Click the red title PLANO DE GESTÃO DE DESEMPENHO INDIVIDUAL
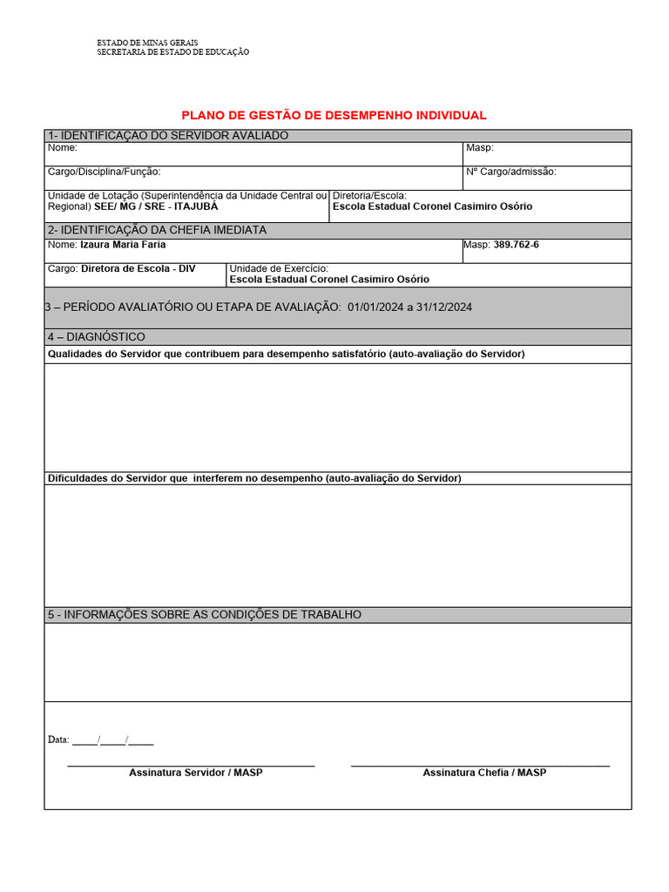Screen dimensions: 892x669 [x=334, y=115]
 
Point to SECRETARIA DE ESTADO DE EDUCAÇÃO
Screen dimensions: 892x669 [x=172, y=52]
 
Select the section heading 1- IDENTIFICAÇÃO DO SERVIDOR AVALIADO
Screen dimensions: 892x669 [x=168, y=135]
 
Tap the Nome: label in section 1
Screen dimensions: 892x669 [x=63, y=148]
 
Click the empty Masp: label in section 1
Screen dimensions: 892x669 [x=480, y=148]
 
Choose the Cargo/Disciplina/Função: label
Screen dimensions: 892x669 [x=104, y=172]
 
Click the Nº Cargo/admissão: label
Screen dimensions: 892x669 [x=510, y=172]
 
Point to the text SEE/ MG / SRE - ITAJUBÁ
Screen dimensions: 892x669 [x=156, y=207]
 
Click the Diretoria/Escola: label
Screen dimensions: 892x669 [x=369, y=196]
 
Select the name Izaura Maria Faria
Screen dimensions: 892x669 [x=123, y=245]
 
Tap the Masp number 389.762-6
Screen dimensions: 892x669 [x=517, y=245]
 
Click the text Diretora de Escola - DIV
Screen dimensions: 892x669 [x=138, y=268]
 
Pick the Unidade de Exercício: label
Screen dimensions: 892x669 [x=279, y=268]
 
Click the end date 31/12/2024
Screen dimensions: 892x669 [x=444, y=307]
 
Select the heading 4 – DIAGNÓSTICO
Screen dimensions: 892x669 [x=97, y=337]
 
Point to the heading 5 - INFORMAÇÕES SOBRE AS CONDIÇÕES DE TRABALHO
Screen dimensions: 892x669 [x=205, y=615]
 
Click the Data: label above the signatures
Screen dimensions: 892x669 [x=58, y=740]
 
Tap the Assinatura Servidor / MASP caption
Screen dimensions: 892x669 [x=195, y=773]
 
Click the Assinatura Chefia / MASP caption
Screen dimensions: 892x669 [x=484, y=773]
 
